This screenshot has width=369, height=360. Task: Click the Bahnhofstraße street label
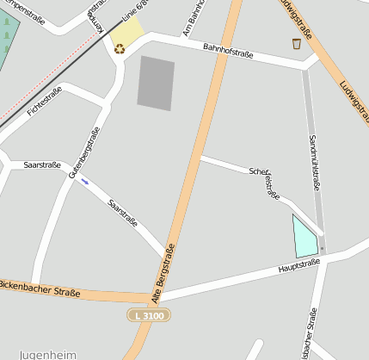[228, 51]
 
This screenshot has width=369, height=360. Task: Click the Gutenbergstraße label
[84, 152]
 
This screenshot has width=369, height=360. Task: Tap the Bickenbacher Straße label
[39, 288]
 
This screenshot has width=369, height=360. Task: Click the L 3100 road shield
[149, 316]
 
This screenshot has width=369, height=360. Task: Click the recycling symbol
[120, 48]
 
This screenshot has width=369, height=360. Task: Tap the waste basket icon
[297, 43]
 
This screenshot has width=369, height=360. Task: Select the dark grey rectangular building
[156, 84]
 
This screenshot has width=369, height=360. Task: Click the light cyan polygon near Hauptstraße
[304, 238]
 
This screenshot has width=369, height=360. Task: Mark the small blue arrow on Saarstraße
[84, 181]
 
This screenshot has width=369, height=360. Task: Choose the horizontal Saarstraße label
[41, 164]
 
